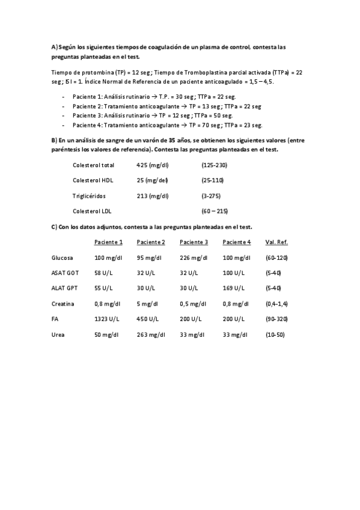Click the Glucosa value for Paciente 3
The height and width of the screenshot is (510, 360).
point(194,257)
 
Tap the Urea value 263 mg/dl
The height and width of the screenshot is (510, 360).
point(151,334)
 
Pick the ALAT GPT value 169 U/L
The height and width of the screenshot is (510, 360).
point(234,288)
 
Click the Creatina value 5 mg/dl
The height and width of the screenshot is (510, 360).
point(147,304)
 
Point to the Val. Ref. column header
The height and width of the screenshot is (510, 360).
point(276,242)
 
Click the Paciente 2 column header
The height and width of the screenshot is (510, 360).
point(151,242)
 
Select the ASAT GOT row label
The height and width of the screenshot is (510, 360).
point(66,273)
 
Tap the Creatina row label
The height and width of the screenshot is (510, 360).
point(63,304)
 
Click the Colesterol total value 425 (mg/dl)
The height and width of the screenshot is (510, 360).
point(153,165)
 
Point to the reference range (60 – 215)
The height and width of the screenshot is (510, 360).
point(215,211)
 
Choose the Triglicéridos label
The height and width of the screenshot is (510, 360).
point(89,195)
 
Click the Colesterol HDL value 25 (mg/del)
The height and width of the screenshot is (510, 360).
point(153,180)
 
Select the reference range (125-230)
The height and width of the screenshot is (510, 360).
point(215,165)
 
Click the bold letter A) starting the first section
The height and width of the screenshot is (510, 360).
point(54,47)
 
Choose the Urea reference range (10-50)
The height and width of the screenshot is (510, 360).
point(275,334)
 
